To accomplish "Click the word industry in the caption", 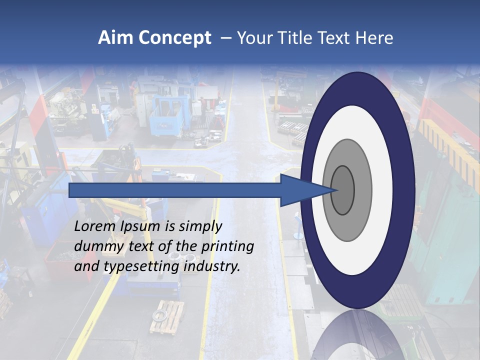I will pyautogui.click(x=212, y=266).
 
